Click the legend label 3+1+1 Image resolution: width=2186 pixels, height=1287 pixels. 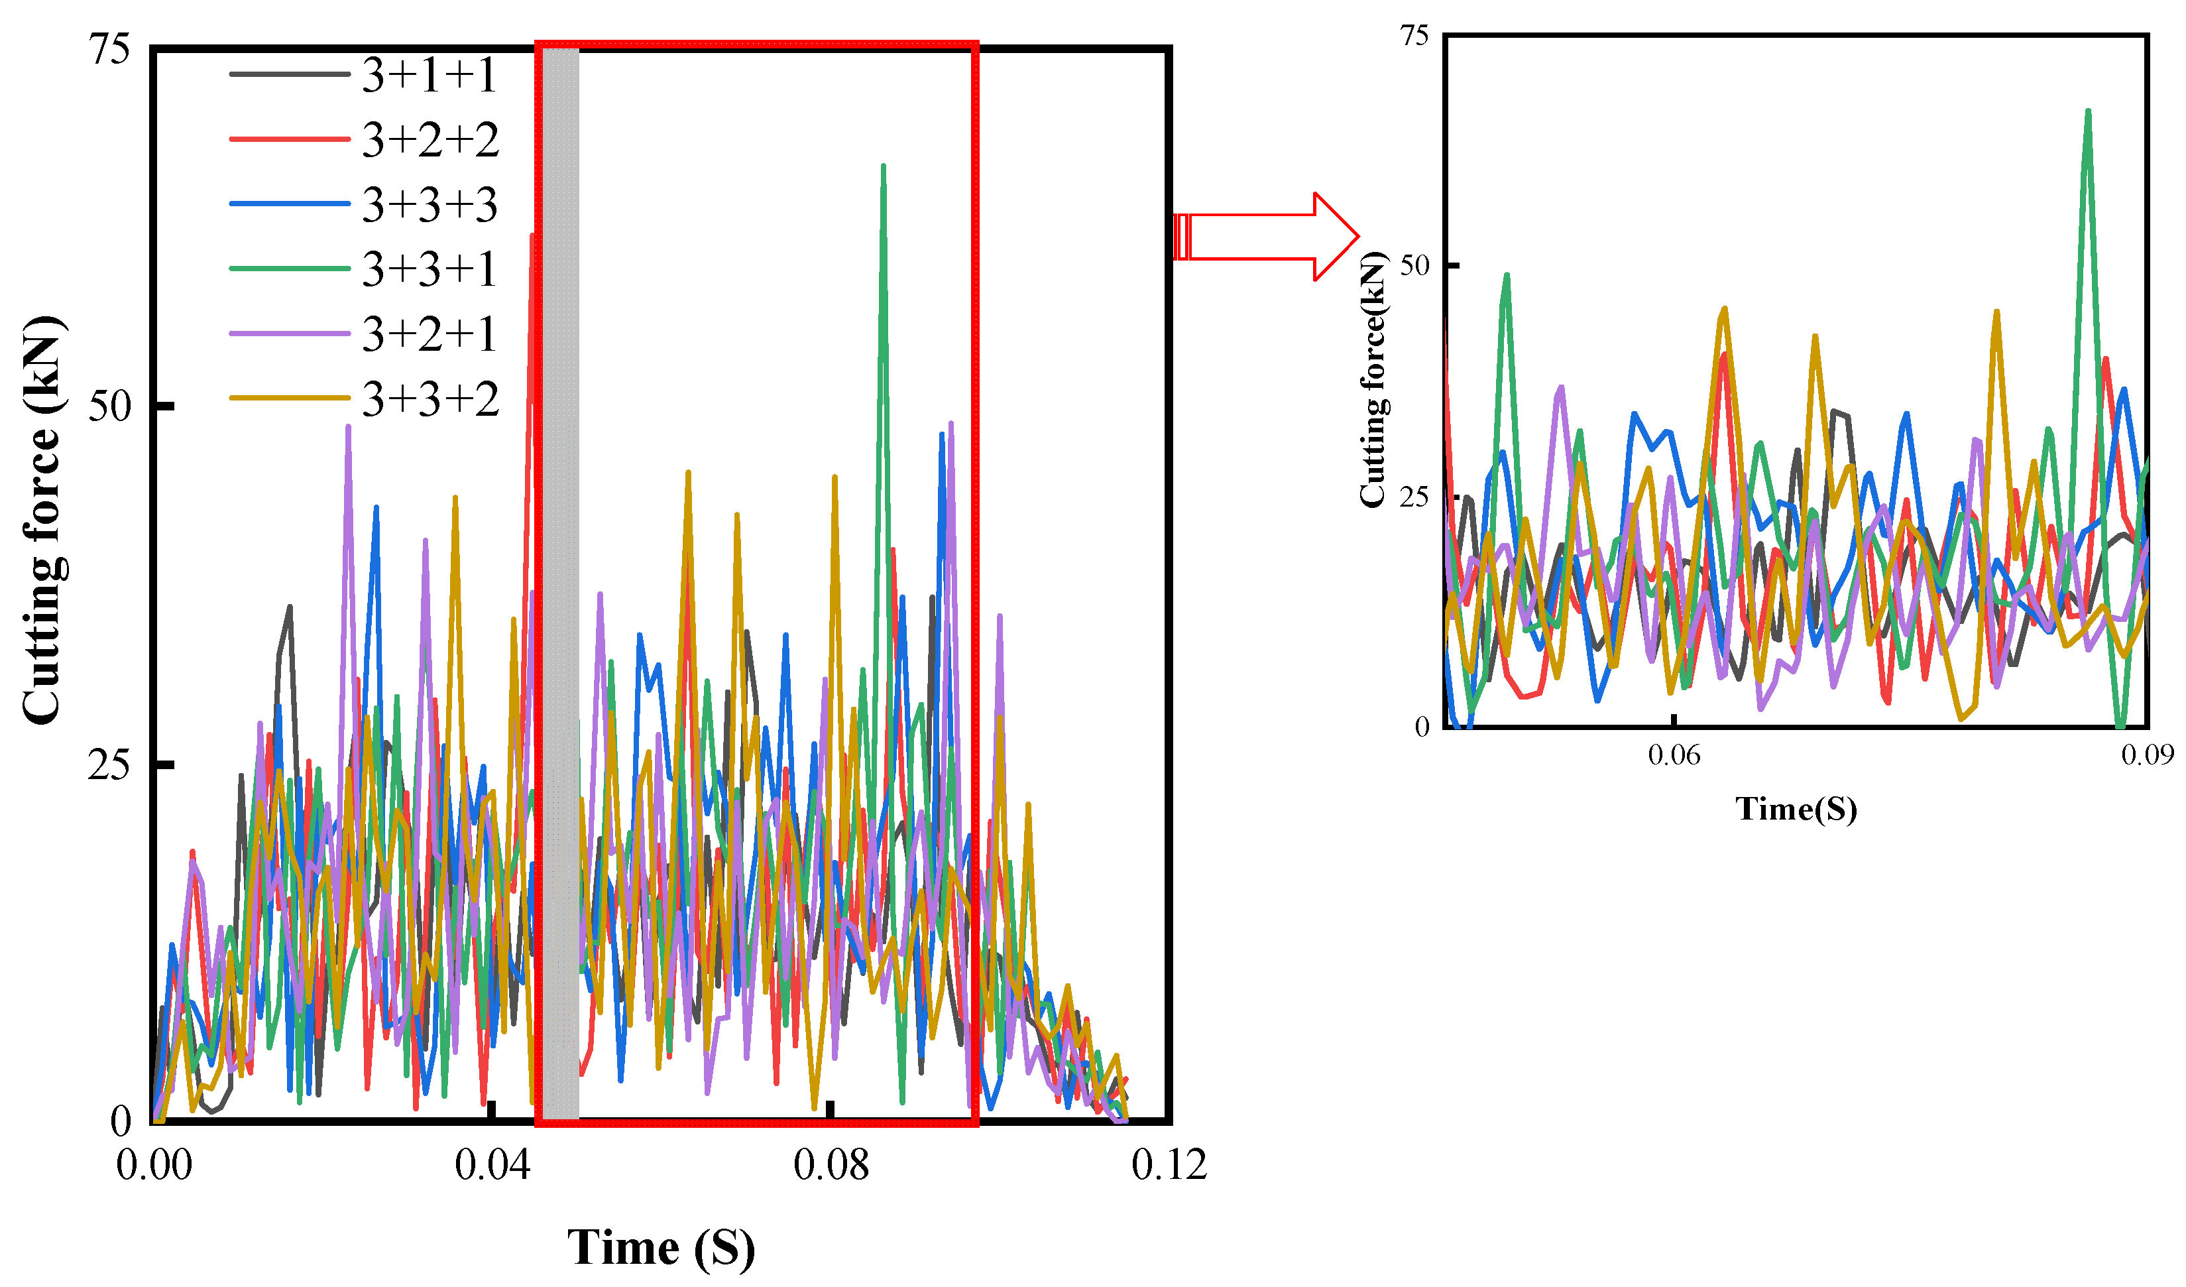click(x=429, y=75)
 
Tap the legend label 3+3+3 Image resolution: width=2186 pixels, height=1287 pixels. click(x=430, y=205)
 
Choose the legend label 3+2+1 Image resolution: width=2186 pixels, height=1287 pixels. click(x=429, y=334)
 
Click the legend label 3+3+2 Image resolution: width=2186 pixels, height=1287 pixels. click(x=430, y=399)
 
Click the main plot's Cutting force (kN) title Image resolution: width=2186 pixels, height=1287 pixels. click(x=42, y=521)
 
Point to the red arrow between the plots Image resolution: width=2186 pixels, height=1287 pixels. click(x=1267, y=236)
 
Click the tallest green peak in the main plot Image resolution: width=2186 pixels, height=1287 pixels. click(x=883, y=166)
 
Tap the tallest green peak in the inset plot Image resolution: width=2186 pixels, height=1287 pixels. click(x=2088, y=112)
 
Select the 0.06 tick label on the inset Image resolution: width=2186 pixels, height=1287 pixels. click(x=1674, y=755)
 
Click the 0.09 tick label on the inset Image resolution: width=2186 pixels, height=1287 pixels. click(x=2147, y=755)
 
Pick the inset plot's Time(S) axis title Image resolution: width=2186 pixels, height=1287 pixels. click(x=1796, y=809)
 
